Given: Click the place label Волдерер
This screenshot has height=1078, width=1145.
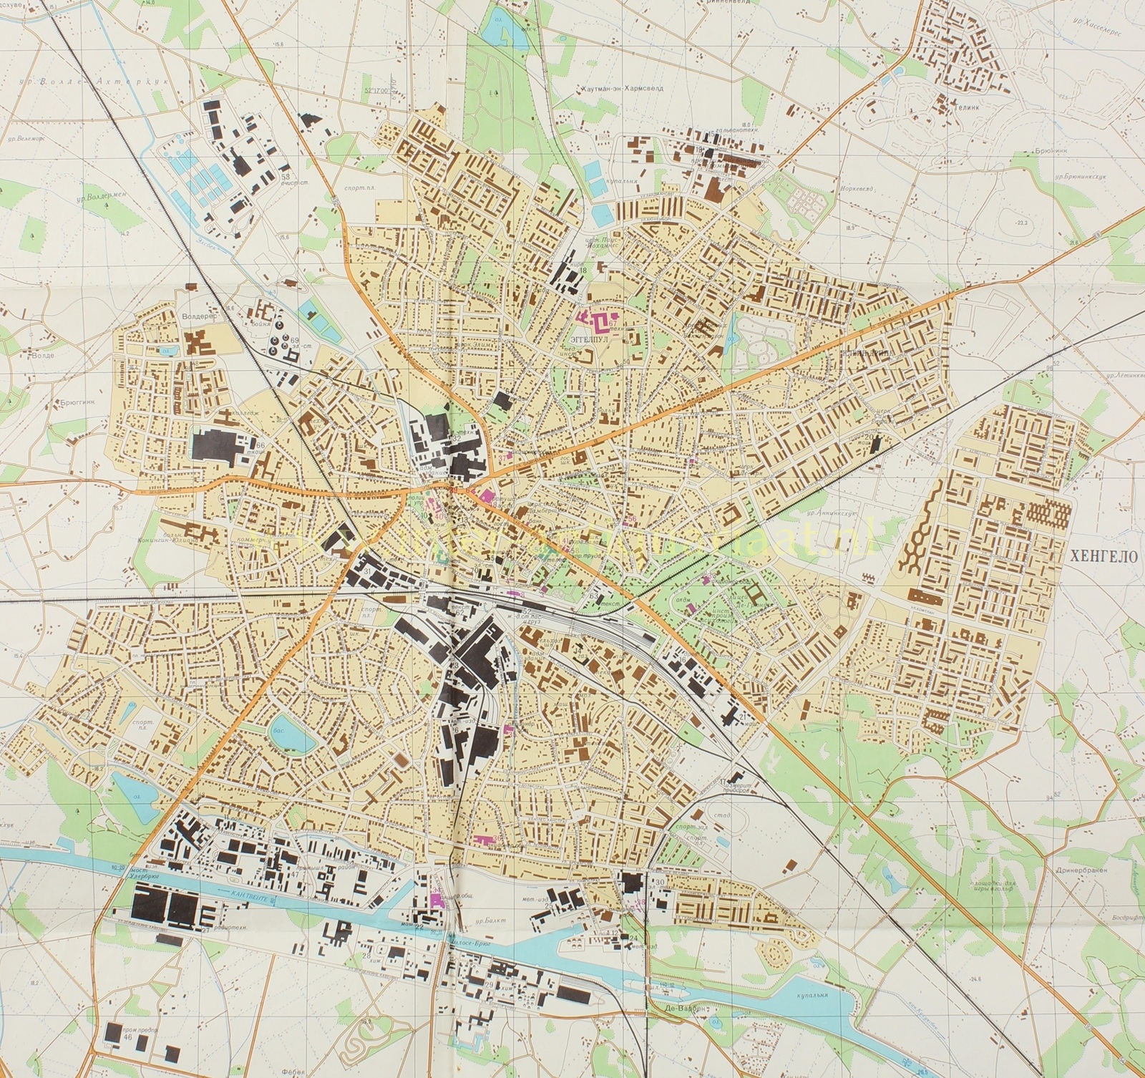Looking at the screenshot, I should coord(198,314).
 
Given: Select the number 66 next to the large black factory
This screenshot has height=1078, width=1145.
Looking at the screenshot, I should coord(260,445).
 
